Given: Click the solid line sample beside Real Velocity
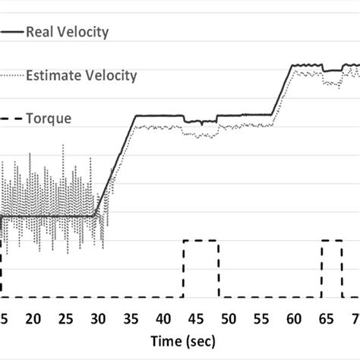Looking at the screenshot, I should point(11,32).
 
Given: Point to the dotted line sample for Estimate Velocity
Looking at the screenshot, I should point(11,75).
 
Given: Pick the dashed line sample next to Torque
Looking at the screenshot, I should point(11,118).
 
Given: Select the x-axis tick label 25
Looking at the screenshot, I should point(66,317).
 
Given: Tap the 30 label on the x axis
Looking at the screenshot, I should point(98,317).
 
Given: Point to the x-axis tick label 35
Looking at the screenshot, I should point(130,317).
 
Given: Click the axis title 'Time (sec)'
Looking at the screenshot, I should point(179,341).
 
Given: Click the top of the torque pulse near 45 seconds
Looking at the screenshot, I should point(201,241).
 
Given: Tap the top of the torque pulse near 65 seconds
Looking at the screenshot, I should point(330,241).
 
